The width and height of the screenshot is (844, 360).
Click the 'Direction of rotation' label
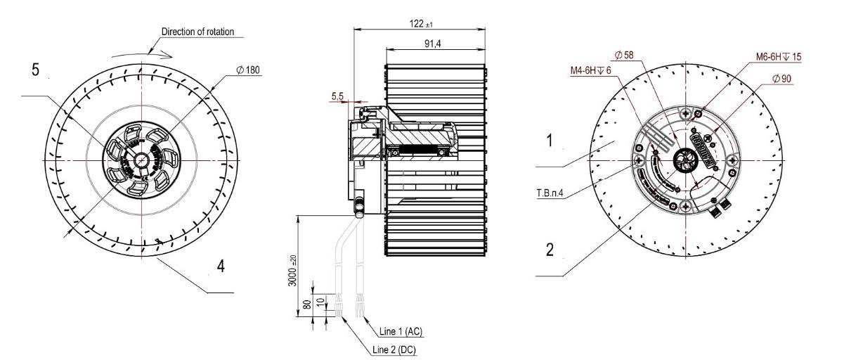[x=197, y=32]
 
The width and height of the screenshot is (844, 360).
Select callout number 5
[x=35, y=70]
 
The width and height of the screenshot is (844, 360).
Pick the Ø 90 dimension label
[x=781, y=79]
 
